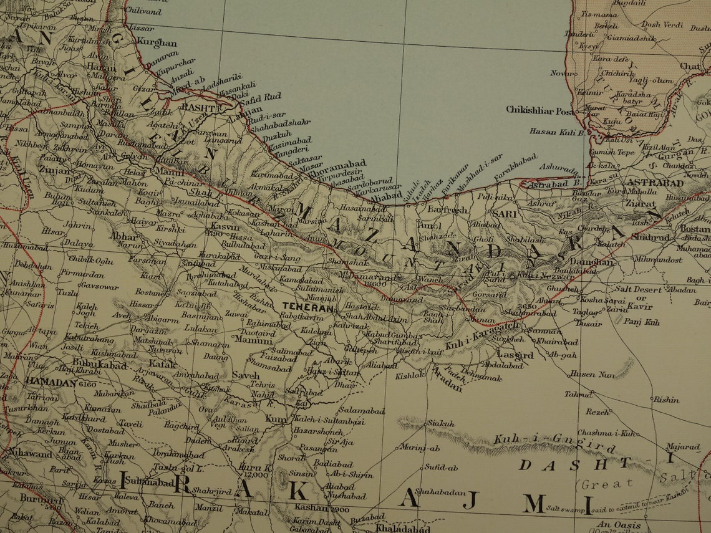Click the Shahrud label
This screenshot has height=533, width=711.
tap(652, 237)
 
